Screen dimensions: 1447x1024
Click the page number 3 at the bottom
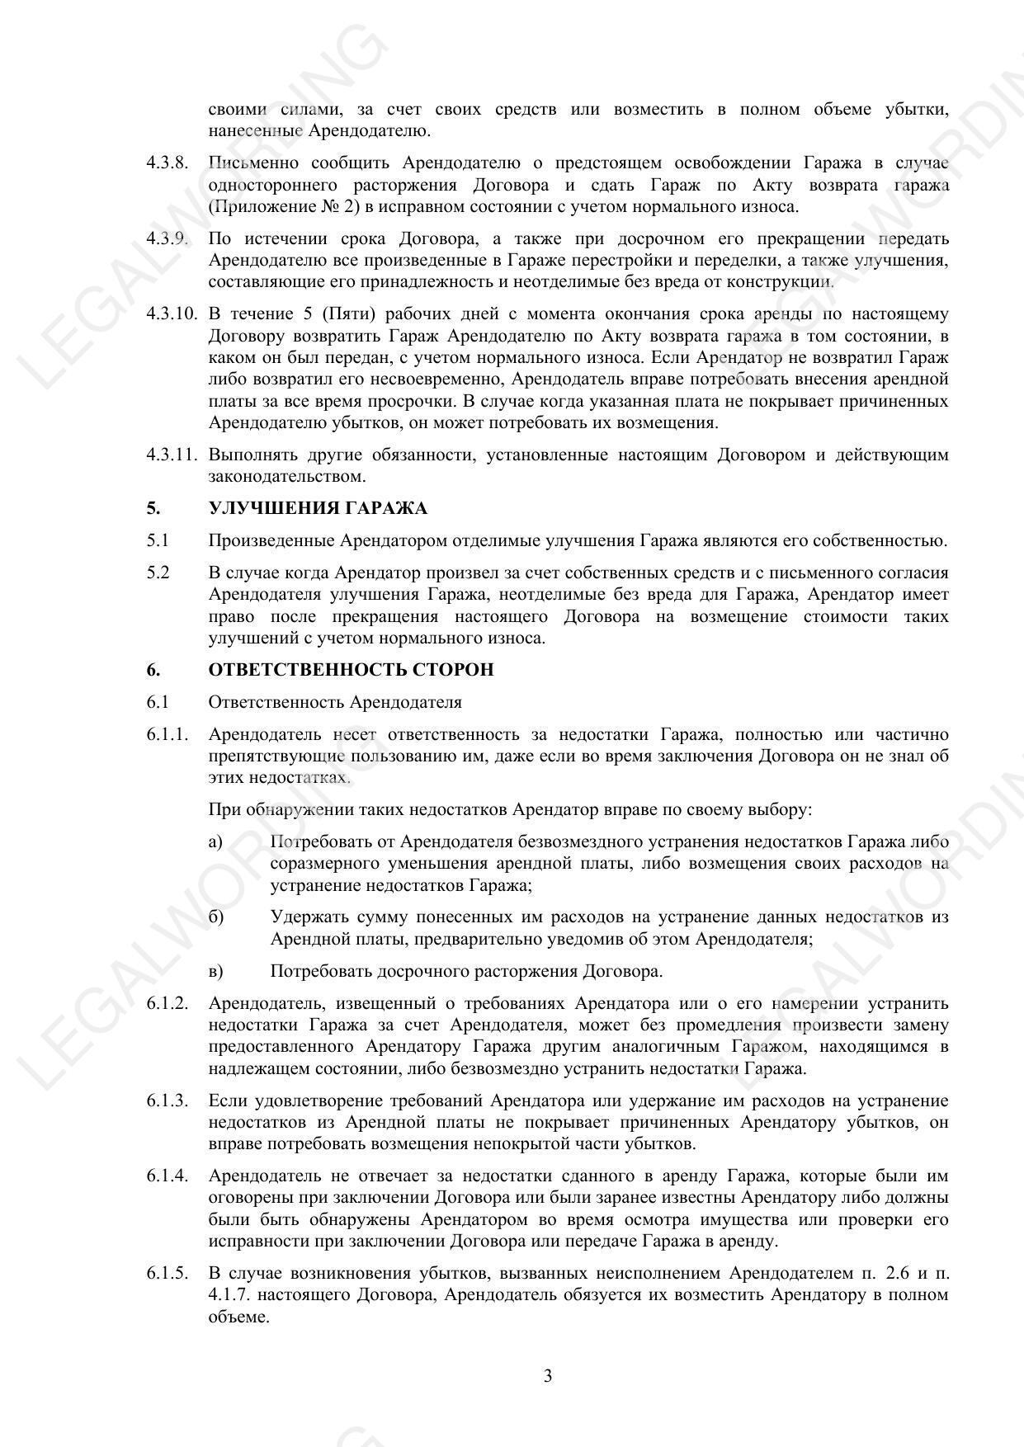pos(548,1375)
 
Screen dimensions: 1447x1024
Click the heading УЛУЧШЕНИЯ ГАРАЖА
pos(318,508)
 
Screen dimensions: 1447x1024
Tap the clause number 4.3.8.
pos(168,163)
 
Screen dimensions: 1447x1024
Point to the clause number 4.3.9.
pos(168,239)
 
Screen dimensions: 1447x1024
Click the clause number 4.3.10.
pos(172,314)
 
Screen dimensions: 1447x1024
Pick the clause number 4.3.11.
pos(172,455)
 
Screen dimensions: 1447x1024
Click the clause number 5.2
pos(158,573)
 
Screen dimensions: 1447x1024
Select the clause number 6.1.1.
pos(168,734)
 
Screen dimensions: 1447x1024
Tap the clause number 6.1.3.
pos(168,1101)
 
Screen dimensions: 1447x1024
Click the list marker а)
pos(216,842)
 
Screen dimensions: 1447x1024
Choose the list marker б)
pos(216,917)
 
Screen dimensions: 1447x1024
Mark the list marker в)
pos(216,971)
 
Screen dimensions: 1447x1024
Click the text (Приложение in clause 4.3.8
pos(259,206)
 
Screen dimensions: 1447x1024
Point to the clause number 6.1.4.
pos(168,1176)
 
